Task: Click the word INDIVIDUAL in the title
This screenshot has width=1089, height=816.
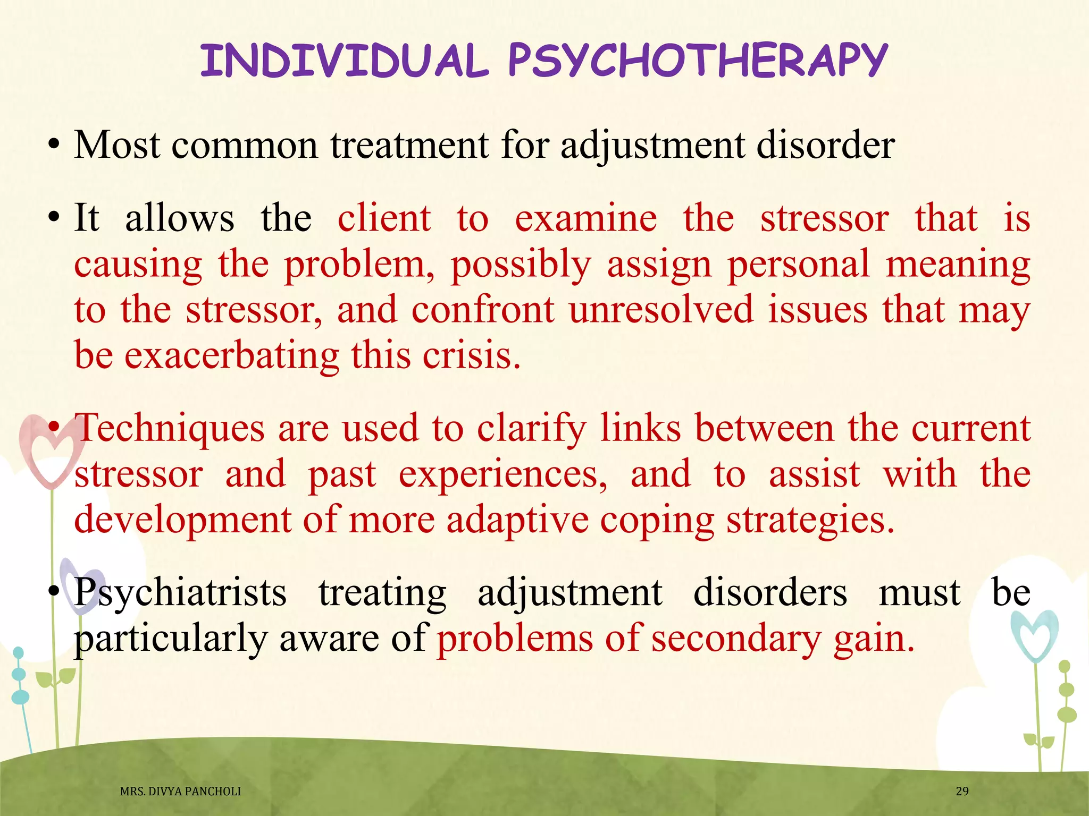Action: pos(344,61)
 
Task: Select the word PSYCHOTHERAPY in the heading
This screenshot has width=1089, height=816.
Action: pos(698,61)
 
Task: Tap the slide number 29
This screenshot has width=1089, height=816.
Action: pos(962,791)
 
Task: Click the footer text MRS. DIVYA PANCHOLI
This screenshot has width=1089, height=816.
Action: pos(180,792)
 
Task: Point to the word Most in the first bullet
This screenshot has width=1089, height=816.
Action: pos(117,144)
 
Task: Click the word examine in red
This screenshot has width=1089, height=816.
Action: pos(586,218)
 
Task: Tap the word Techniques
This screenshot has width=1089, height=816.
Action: pos(170,428)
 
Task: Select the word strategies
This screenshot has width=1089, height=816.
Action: pos(810,520)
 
